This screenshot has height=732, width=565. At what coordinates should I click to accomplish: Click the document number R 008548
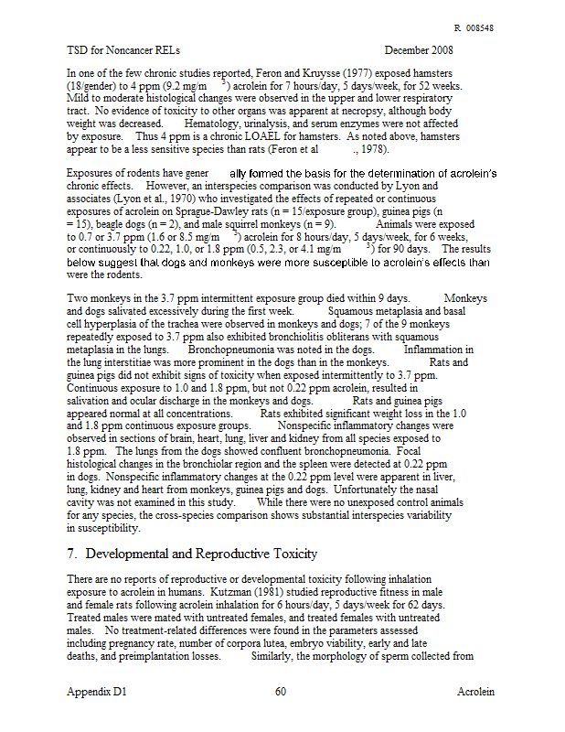pos(474,28)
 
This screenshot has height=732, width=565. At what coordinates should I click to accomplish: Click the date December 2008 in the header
pos(419,49)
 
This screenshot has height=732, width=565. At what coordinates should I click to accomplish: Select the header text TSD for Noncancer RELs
pos(124,49)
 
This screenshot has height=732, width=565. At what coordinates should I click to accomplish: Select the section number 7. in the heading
pos(73,554)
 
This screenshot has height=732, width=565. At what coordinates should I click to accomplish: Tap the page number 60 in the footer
pos(281,692)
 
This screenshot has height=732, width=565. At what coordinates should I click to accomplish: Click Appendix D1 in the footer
pos(96,692)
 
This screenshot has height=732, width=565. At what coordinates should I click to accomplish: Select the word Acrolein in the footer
pos(475,692)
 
